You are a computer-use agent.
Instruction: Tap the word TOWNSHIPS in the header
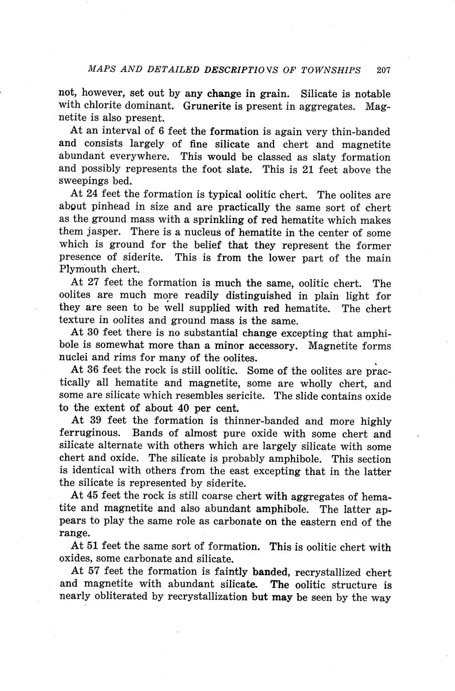pyautogui.click(x=331, y=70)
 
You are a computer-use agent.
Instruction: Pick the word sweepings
pyautogui.click(x=82, y=182)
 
